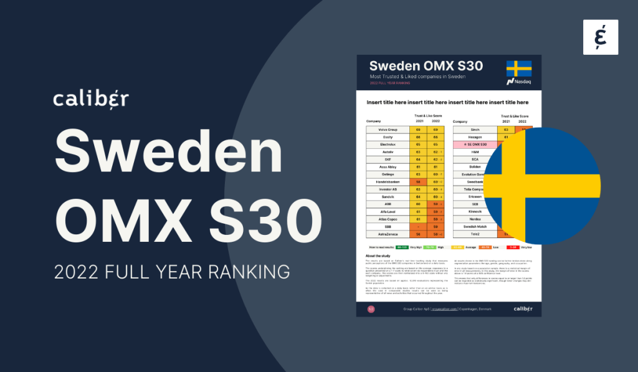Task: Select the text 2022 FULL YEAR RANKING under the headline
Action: click(172, 272)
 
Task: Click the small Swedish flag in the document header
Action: click(518, 68)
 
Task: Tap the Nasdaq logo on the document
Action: click(518, 81)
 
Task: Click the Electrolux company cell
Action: click(387, 144)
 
